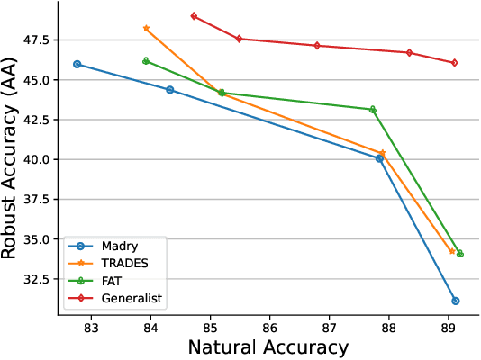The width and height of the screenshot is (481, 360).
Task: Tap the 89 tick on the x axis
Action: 449,325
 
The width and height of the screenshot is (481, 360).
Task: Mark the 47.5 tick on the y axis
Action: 40,40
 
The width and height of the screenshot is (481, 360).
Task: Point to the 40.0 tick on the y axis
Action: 40,159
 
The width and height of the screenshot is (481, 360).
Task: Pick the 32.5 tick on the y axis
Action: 40,279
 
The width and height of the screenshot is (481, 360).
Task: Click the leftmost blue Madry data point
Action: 77,64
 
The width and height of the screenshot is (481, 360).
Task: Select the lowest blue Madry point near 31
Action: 456,301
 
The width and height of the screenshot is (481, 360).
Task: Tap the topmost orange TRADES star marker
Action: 147,29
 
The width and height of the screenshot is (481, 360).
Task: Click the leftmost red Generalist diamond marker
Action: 195,16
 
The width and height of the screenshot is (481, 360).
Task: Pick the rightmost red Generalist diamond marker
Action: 455,63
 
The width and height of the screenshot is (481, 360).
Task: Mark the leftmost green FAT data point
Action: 147,61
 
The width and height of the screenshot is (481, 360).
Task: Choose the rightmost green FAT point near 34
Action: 460,254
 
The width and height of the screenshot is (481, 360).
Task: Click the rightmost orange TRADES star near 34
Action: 453,251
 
